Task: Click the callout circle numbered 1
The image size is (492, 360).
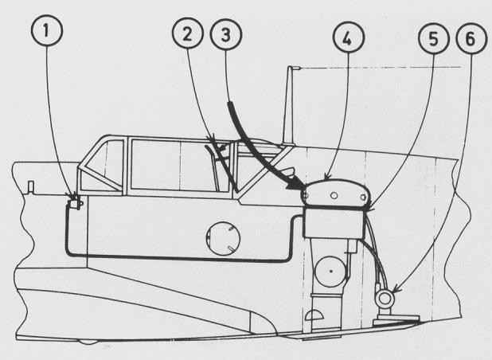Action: (47, 30)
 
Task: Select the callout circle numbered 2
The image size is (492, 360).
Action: (188, 33)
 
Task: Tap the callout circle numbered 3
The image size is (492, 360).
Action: (226, 34)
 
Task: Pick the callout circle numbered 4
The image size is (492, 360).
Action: (348, 37)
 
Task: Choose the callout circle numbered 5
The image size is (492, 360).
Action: (434, 38)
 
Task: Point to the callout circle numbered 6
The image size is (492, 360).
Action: (471, 38)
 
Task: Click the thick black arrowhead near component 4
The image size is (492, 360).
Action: (295, 184)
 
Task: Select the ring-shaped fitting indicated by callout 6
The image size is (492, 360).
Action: (385, 299)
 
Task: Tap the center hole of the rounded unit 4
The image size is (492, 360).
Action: (334, 196)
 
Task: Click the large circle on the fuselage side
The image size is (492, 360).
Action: (223, 238)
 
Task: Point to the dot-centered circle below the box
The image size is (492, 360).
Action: (330, 271)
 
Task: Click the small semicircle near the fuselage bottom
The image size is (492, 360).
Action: (314, 315)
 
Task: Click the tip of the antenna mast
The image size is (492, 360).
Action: (290, 68)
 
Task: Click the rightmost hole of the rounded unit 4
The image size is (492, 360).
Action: (363, 197)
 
